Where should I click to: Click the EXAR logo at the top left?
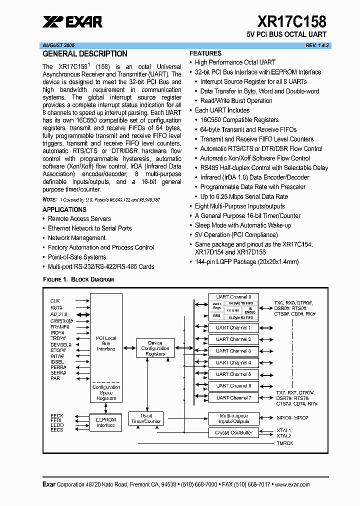(72, 21)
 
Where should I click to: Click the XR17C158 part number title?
(292, 21)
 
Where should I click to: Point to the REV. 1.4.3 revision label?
(317, 45)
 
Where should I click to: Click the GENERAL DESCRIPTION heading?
(85, 54)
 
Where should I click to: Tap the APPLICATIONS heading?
(64, 209)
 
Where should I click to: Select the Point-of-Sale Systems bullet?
(77, 257)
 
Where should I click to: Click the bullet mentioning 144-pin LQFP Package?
(246, 261)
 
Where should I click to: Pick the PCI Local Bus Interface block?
(106, 343)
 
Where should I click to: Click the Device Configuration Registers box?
(155, 348)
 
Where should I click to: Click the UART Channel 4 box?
(233, 362)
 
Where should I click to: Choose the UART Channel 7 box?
(233, 397)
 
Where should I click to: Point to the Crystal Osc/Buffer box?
(233, 432)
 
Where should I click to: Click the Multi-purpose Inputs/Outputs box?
(233, 418)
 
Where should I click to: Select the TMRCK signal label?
(285, 443)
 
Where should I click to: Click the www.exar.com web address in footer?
(292, 484)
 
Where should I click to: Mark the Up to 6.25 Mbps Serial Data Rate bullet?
(244, 196)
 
